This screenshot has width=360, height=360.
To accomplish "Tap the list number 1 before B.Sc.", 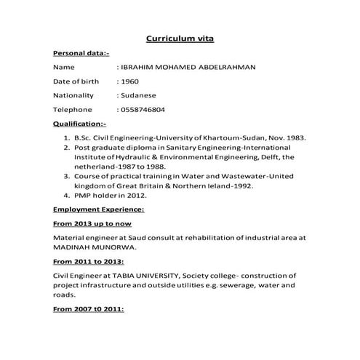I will click(x=66, y=137).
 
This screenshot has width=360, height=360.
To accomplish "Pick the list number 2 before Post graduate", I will click(x=66, y=147).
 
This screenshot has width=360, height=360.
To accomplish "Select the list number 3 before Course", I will click(x=66, y=176).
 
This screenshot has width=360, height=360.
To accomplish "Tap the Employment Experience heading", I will click(x=98, y=209).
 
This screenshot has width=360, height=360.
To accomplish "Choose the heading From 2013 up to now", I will click(x=92, y=223).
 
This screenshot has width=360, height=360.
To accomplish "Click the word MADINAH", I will click(x=73, y=247).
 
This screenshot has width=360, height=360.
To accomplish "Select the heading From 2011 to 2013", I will click(x=88, y=261).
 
